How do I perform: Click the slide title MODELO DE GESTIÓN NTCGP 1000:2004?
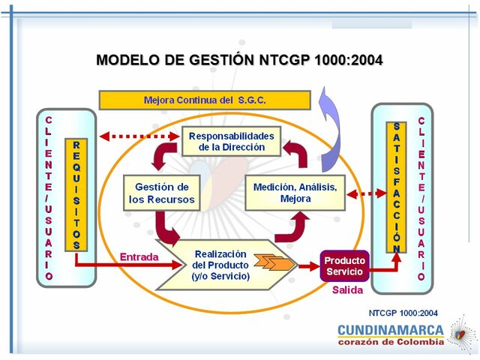pyautogui.click(x=239, y=60)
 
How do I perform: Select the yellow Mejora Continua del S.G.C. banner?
pyautogui.click(x=205, y=100)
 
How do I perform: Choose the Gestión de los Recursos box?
pyautogui.click(x=161, y=193)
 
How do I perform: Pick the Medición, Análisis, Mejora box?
pyautogui.click(x=295, y=193)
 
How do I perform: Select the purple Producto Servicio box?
pyautogui.click(x=344, y=265)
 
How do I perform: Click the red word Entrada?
pyautogui.click(x=139, y=257)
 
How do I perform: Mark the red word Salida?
pyautogui.click(x=347, y=289)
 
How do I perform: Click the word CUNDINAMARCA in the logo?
pyautogui.click(x=390, y=330)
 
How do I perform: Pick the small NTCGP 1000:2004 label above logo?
pyautogui.click(x=403, y=313)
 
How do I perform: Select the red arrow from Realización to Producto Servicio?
pyautogui.click(x=307, y=265)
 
